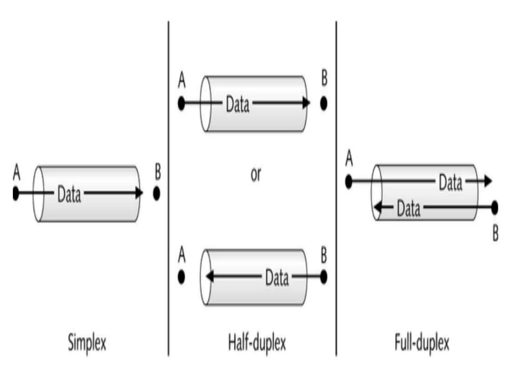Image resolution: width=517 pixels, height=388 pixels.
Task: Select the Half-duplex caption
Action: click(257, 343)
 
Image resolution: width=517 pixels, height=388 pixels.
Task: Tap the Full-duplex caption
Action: click(422, 343)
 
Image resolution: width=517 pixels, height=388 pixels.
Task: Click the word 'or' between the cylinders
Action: click(256, 174)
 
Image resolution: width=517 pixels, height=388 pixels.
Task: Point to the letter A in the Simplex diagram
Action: click(16, 172)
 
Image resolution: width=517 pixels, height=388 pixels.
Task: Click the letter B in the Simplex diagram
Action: click(158, 172)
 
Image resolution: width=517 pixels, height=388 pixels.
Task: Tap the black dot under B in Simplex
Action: click(157, 193)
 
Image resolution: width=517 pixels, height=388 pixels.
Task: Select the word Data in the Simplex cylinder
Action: click(69, 194)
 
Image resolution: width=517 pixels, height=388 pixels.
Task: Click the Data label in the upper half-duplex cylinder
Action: click(237, 104)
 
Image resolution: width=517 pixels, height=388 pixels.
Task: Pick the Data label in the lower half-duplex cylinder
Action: click(277, 278)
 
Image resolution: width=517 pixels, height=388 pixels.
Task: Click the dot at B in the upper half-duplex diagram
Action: click(324, 103)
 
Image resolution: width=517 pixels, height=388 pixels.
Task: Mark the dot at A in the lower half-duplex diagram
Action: click(181, 277)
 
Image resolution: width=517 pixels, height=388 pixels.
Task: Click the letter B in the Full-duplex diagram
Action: click(495, 233)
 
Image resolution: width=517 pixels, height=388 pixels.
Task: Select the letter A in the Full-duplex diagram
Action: click(349, 158)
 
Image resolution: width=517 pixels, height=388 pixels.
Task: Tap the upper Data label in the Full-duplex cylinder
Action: click(450, 182)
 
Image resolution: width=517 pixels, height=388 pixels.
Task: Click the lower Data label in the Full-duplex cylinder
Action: click(408, 209)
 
